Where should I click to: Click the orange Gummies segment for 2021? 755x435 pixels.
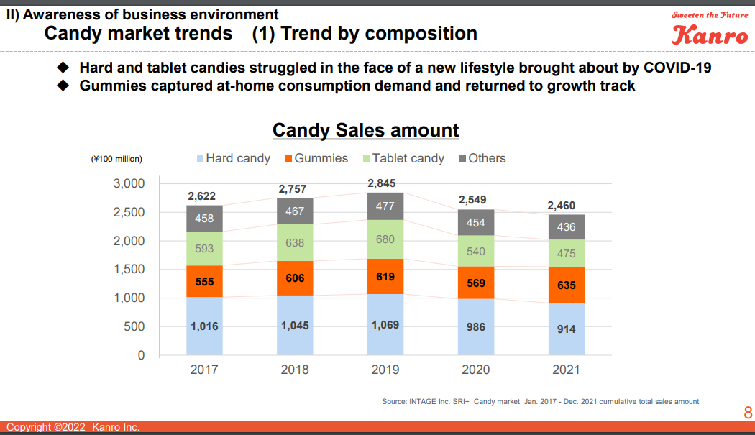point(567,285)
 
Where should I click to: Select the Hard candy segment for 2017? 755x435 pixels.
point(204,326)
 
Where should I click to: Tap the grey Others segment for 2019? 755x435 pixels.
point(385,206)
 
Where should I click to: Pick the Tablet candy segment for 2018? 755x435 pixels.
point(295,243)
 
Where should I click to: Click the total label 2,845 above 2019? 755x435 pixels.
point(381,183)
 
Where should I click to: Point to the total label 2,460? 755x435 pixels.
point(561,206)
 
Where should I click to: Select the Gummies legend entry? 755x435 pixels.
point(316,158)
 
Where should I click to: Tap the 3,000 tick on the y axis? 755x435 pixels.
point(129,183)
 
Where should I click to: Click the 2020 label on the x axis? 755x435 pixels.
point(476,370)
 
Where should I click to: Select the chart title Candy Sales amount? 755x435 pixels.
point(365,130)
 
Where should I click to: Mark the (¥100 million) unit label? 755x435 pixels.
point(116,159)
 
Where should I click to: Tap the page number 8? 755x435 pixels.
point(748,413)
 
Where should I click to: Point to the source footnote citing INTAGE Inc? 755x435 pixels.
point(540,401)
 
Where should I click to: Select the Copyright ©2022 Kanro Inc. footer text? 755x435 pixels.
point(73,428)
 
